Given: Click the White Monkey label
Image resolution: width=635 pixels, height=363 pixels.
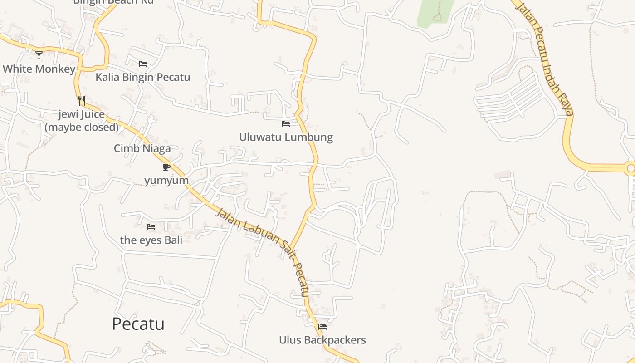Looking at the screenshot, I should click(39, 69).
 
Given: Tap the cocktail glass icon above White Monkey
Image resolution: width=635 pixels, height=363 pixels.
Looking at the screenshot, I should click(39, 55).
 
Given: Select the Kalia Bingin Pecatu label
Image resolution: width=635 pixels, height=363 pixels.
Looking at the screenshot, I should click(142, 77).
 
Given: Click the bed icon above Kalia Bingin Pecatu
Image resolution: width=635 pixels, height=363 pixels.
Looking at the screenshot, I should click(143, 64).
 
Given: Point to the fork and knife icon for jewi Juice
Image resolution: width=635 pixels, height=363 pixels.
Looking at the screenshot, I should click(82, 101).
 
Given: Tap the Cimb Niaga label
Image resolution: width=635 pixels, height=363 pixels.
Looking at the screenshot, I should click(142, 148).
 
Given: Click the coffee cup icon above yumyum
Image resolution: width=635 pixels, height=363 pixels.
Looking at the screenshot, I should click(166, 167).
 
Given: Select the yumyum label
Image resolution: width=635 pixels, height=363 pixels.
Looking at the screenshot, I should click(166, 181).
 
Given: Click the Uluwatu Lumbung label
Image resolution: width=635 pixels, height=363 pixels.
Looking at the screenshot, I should click(286, 137).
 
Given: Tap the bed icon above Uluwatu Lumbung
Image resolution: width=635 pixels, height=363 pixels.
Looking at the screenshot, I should click(286, 123).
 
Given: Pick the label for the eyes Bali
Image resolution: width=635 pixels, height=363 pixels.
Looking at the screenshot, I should click(151, 240).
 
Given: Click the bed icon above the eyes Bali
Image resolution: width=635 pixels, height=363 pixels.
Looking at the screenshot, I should click(151, 226).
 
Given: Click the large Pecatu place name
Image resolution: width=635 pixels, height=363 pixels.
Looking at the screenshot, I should click(138, 324).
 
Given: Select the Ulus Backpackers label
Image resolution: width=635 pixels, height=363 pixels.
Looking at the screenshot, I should click(322, 340).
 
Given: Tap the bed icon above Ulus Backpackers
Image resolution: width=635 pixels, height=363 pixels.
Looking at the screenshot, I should click(322, 326).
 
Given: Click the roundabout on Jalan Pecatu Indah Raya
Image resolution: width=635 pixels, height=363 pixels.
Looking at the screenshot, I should click(630, 168).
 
